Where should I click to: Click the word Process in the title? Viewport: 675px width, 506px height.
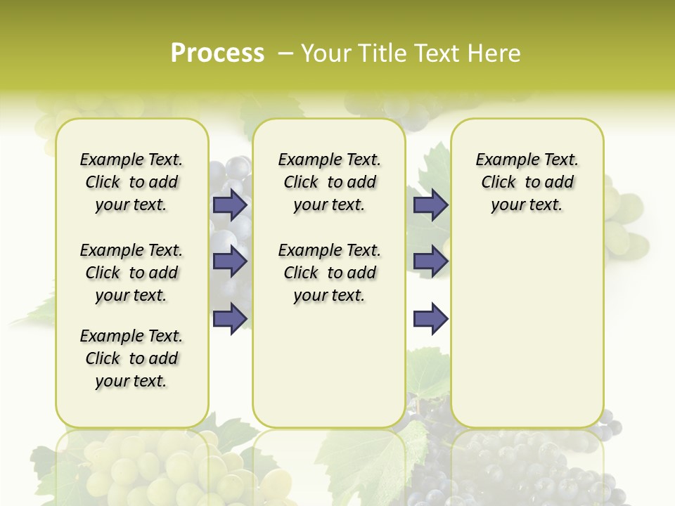[x=217, y=53]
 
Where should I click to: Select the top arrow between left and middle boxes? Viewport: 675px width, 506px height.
[x=230, y=205]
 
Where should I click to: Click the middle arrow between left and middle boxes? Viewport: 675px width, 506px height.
[x=230, y=261]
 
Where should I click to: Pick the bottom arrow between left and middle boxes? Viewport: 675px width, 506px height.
[x=230, y=318]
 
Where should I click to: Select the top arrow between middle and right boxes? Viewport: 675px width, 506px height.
[x=430, y=205]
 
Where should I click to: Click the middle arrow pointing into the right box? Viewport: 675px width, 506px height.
[x=430, y=261]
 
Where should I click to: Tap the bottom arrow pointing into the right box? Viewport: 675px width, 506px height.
[x=430, y=318]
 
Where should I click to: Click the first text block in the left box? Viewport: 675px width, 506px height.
[x=131, y=182]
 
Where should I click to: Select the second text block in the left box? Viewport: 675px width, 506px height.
[x=131, y=273]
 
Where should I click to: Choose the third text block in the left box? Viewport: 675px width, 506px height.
[x=131, y=358]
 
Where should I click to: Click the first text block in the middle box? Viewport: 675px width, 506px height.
[x=329, y=182]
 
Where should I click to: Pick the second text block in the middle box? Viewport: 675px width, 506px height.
[x=329, y=273]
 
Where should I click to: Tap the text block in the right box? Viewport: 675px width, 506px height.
[x=527, y=182]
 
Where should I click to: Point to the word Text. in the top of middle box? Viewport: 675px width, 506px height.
[x=362, y=160]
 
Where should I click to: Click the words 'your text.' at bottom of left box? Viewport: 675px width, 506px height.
[x=131, y=381]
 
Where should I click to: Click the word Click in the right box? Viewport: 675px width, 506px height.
[x=499, y=182]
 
